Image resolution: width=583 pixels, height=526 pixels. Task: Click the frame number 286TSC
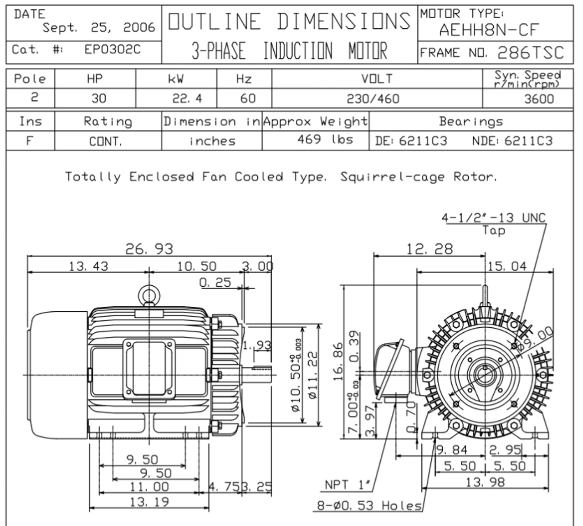click(530, 53)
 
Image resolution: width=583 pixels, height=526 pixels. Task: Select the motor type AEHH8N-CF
click(489, 31)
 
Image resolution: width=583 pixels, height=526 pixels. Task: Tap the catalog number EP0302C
click(113, 50)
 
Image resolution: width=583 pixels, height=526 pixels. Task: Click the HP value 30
click(98, 98)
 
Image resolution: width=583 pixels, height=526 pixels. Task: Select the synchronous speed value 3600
click(539, 98)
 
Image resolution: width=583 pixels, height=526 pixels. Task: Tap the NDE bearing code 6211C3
click(528, 141)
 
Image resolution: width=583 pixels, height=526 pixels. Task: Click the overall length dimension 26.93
click(149, 249)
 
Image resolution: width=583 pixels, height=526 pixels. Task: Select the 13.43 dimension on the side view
click(88, 266)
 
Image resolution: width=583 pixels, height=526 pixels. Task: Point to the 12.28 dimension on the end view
click(430, 249)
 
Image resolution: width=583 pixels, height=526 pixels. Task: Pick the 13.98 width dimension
click(485, 482)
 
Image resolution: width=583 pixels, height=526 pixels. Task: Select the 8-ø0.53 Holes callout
click(369, 505)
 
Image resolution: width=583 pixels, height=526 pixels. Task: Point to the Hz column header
click(244, 79)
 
